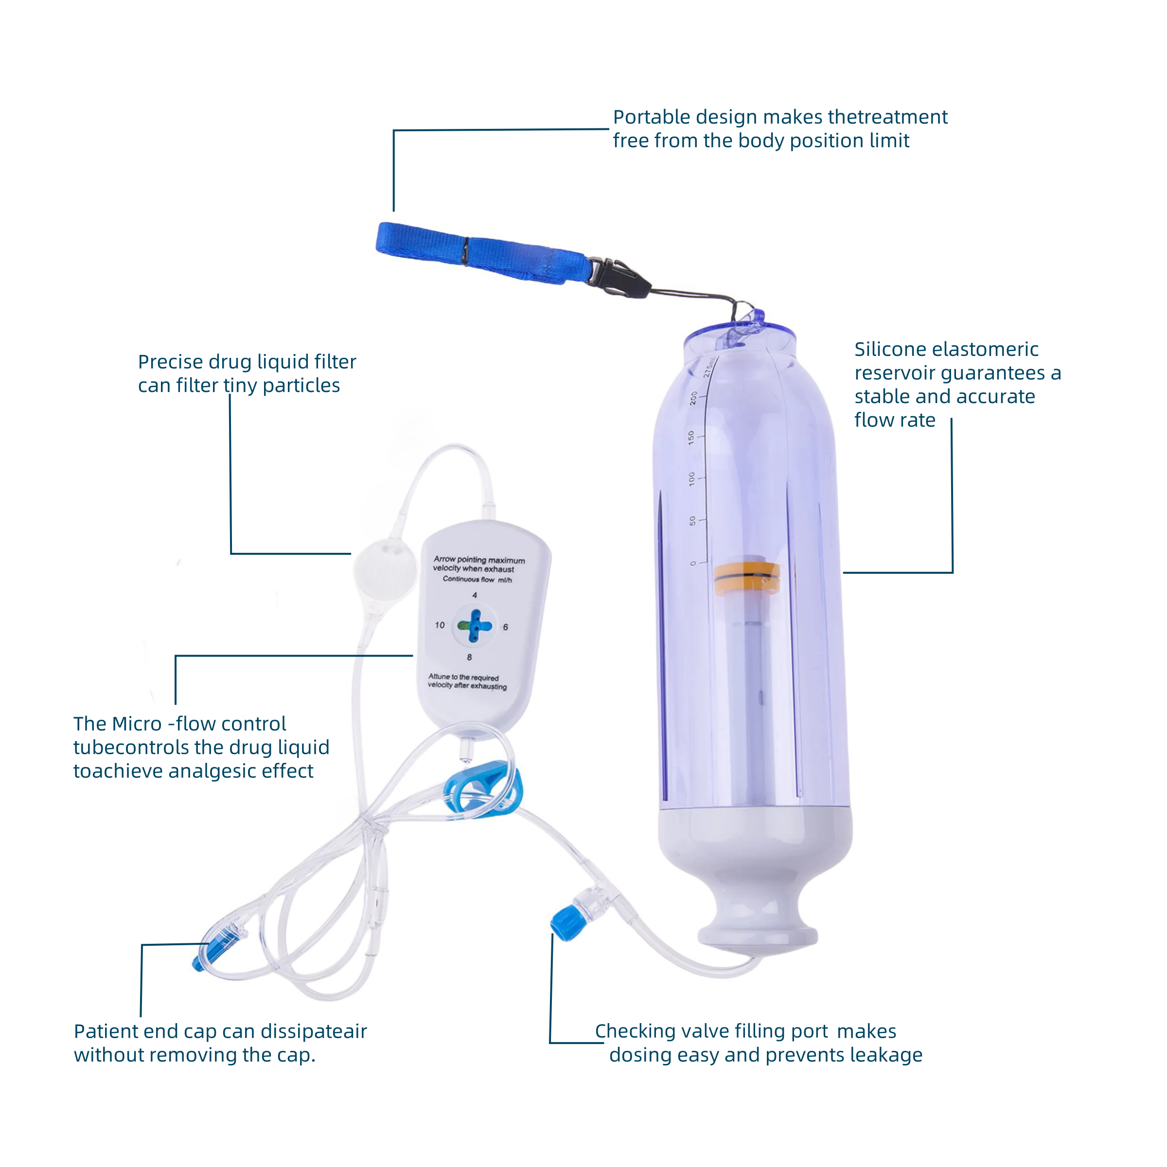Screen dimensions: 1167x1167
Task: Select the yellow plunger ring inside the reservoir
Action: coord(747,578)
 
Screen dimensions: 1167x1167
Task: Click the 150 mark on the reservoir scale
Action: coord(691,437)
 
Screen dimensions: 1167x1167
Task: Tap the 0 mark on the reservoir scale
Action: coord(693,563)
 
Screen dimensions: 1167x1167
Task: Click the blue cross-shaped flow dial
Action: coord(475,626)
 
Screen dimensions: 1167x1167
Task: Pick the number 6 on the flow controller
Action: coord(506,627)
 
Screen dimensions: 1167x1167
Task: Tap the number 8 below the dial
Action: coord(469,657)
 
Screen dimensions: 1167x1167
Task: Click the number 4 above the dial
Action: coord(475,595)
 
